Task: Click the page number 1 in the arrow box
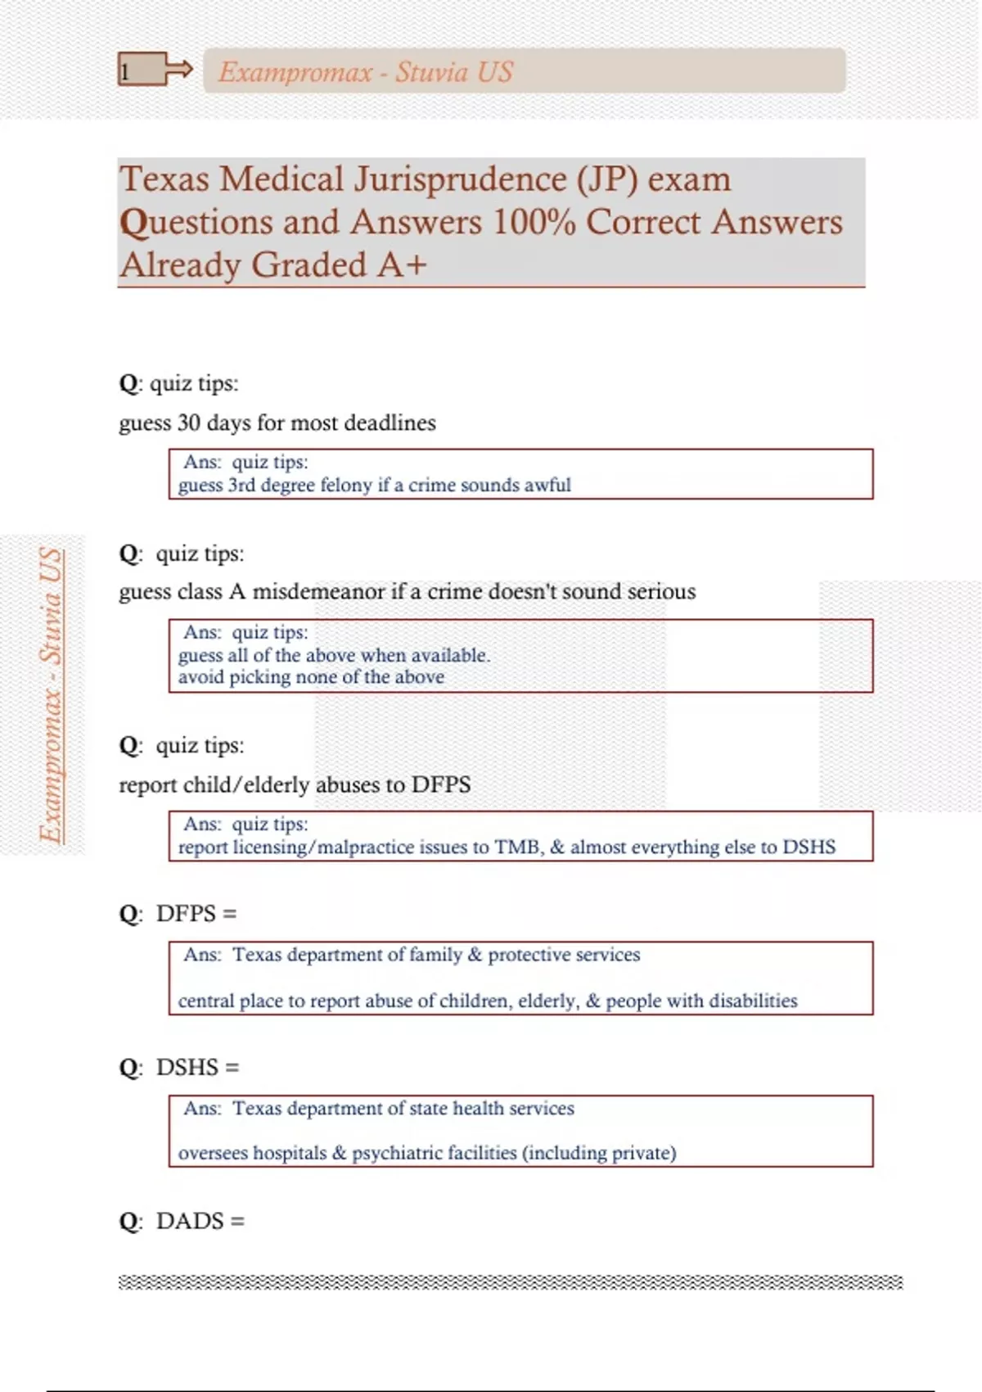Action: [125, 71]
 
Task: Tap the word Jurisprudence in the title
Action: [460, 179]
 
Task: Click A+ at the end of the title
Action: [402, 264]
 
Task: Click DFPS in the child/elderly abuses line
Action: [441, 784]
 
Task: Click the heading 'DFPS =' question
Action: [196, 913]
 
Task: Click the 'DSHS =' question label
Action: [197, 1067]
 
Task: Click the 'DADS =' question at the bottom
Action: [200, 1221]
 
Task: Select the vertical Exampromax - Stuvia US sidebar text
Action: [51, 695]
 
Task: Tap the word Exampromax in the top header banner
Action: [295, 72]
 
